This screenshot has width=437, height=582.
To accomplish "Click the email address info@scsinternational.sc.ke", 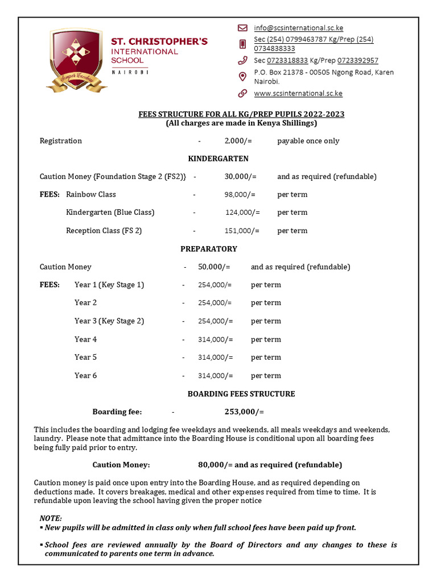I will (x=298, y=28).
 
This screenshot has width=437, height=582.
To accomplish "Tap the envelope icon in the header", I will (x=242, y=28).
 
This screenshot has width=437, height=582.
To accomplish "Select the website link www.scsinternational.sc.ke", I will (x=298, y=93).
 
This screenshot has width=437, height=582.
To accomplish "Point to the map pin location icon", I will (x=242, y=76).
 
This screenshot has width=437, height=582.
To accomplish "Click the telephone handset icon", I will (x=242, y=60).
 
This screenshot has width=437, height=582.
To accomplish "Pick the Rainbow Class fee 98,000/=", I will (x=240, y=194).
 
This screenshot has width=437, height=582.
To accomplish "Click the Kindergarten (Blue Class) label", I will (x=110, y=213).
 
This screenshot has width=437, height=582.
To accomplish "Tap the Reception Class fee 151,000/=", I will (x=242, y=231).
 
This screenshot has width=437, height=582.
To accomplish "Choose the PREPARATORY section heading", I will (x=209, y=249).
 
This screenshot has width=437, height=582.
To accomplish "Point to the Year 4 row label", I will (x=85, y=339).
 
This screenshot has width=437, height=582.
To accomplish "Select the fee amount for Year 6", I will (x=215, y=376).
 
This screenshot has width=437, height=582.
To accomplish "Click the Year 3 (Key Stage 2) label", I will (x=109, y=321).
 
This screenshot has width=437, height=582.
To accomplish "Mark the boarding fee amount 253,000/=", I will (x=244, y=412).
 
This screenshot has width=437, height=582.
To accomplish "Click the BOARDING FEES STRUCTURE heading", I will (x=241, y=394).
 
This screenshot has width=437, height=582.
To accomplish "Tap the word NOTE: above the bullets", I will (x=51, y=518).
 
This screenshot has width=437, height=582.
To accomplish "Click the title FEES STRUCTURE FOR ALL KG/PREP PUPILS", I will (x=241, y=114).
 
